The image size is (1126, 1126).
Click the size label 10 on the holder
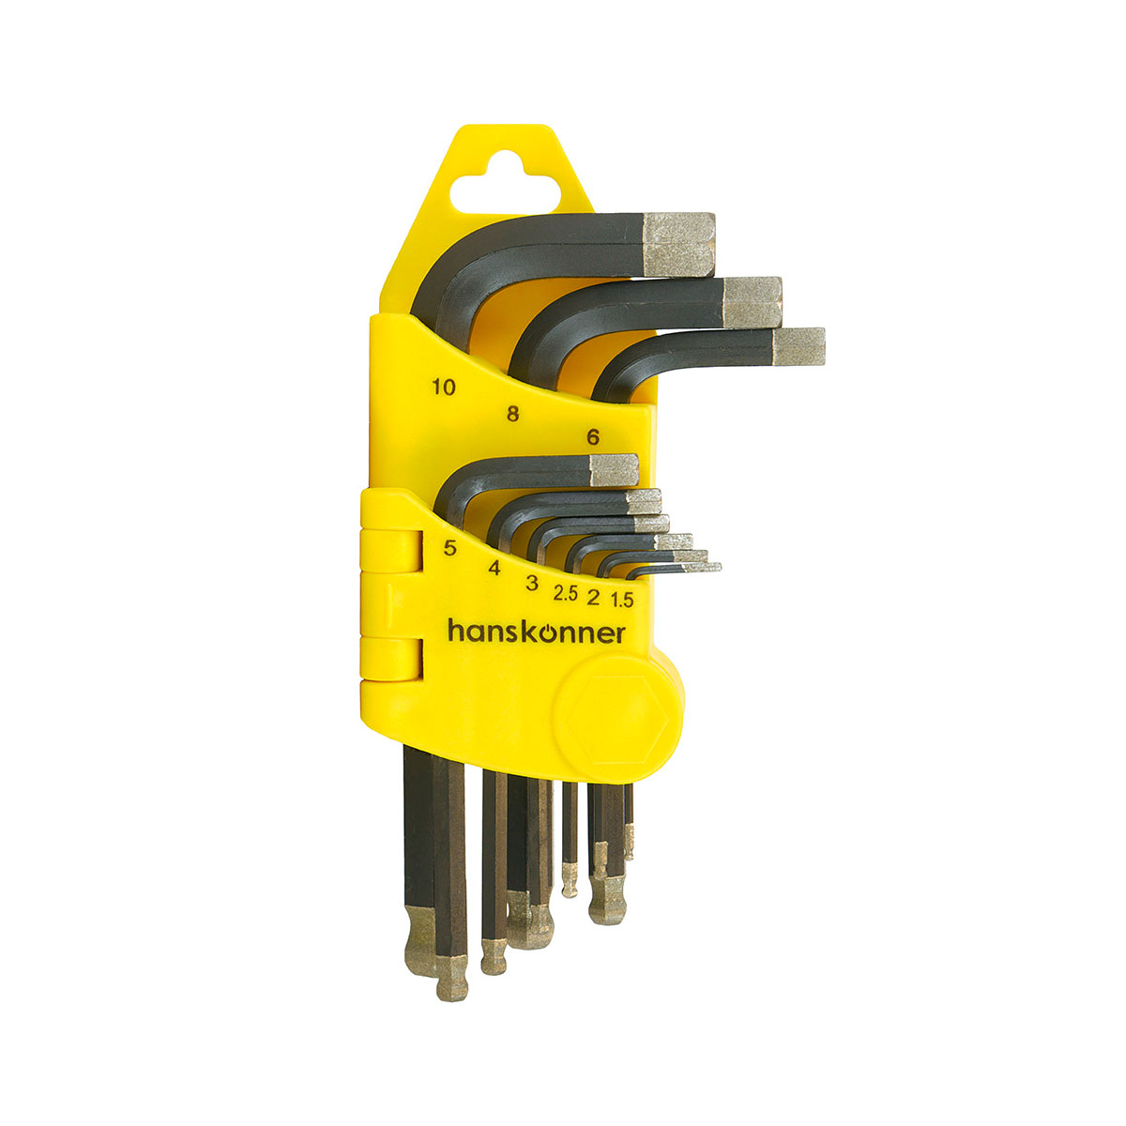coord(444,387)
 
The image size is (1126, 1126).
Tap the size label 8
coord(512,414)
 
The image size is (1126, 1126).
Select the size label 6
coord(592,436)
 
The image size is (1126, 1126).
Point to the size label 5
coord(449,547)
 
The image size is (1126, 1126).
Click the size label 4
coord(495,568)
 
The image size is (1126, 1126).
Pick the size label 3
coord(532,583)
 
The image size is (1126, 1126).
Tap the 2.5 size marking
coord(565,593)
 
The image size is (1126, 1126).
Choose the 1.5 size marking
coord(622,600)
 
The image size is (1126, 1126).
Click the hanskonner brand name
coord(536,632)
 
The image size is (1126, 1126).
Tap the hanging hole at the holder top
coord(504,184)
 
